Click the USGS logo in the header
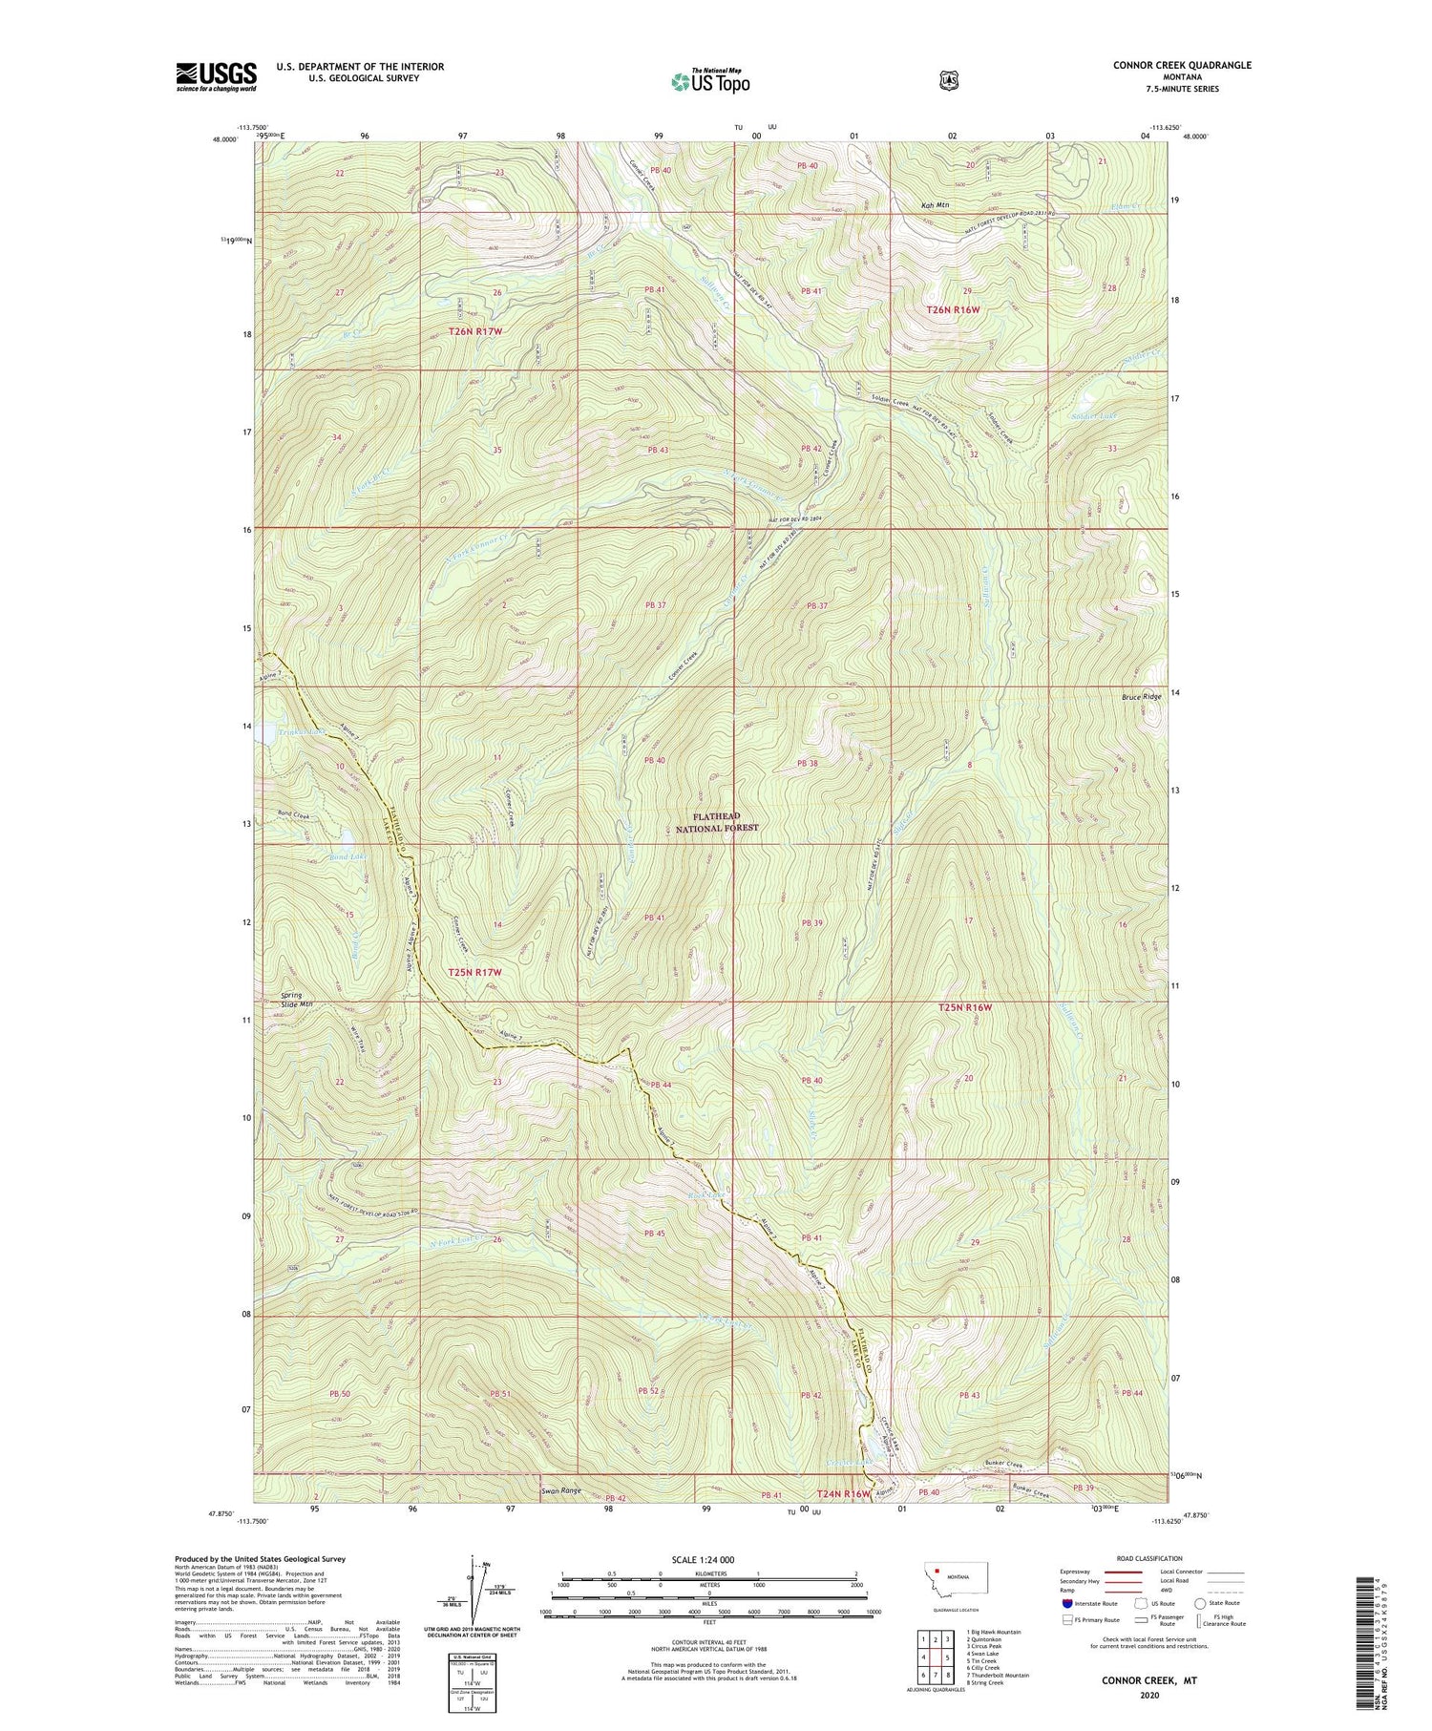click(x=216, y=76)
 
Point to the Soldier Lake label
click(x=1093, y=416)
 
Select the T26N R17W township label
click(x=474, y=331)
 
